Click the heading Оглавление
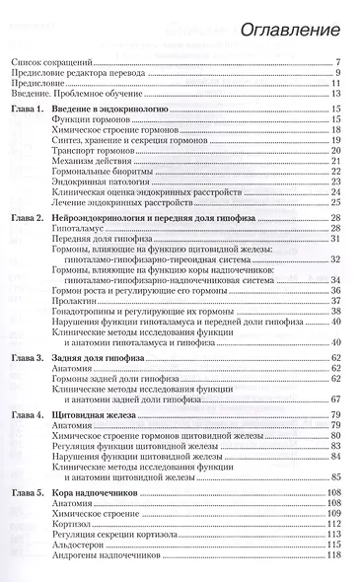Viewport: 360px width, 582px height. [x=288, y=33]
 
